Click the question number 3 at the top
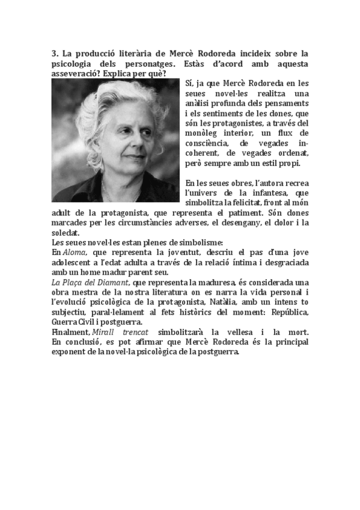pyautogui.click(x=53, y=54)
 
